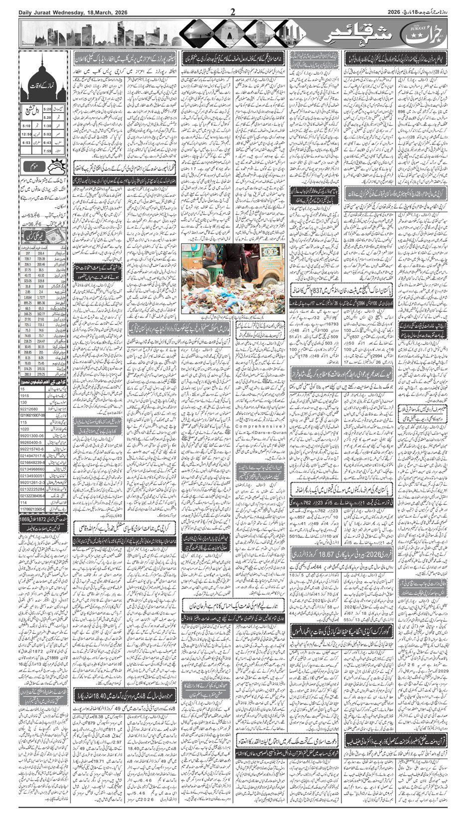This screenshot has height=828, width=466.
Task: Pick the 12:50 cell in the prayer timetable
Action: coord(26,134)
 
